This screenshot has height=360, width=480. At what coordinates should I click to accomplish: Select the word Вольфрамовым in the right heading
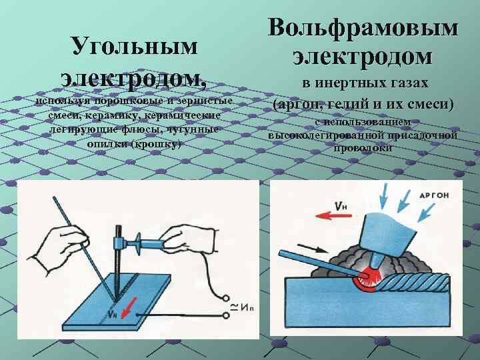[x=363, y=29]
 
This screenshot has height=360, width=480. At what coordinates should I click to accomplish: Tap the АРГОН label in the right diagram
[x=439, y=195]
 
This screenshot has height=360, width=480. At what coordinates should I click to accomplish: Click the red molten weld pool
[x=365, y=280]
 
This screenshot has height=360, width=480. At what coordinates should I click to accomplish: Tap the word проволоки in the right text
[x=363, y=148]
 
